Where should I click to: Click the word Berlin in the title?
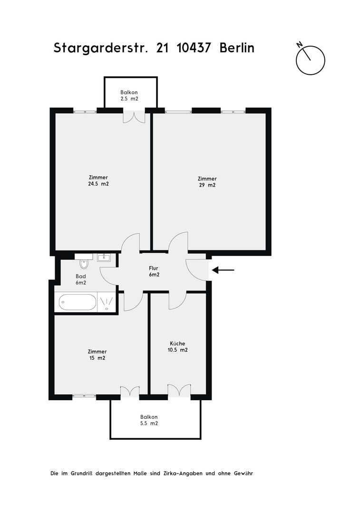237,48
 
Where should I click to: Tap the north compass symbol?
310,59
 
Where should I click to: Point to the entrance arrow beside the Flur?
223,270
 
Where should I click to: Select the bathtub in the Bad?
78,302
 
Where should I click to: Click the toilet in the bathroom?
84,263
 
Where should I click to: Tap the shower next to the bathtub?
107,302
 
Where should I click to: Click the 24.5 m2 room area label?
98,181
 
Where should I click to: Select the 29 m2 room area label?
207,182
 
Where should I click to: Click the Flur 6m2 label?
153,271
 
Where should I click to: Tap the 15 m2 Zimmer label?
97,355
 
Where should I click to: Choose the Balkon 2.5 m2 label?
129,95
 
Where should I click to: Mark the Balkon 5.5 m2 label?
149,420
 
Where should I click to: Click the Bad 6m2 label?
81,279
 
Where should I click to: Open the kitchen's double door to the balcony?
179,390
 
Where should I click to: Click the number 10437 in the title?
194,48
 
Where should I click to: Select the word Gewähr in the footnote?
243,474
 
